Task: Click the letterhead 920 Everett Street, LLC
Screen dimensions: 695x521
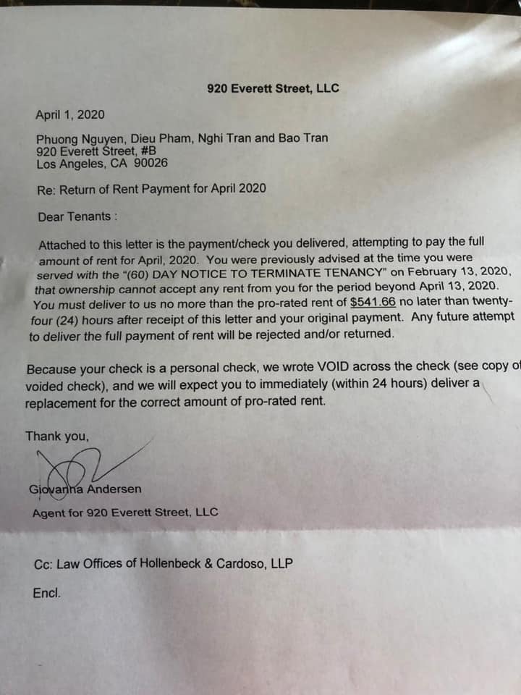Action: point(273,89)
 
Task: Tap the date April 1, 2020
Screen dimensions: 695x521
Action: point(70,114)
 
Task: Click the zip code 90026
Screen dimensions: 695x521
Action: point(151,163)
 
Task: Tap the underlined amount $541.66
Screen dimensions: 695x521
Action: point(372,303)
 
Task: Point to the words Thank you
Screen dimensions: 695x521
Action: point(57,436)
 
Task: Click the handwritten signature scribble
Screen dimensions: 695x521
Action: point(80,471)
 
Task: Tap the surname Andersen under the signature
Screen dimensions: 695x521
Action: point(116,489)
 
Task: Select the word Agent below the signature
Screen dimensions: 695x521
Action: point(47,513)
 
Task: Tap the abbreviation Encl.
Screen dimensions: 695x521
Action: point(47,592)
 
